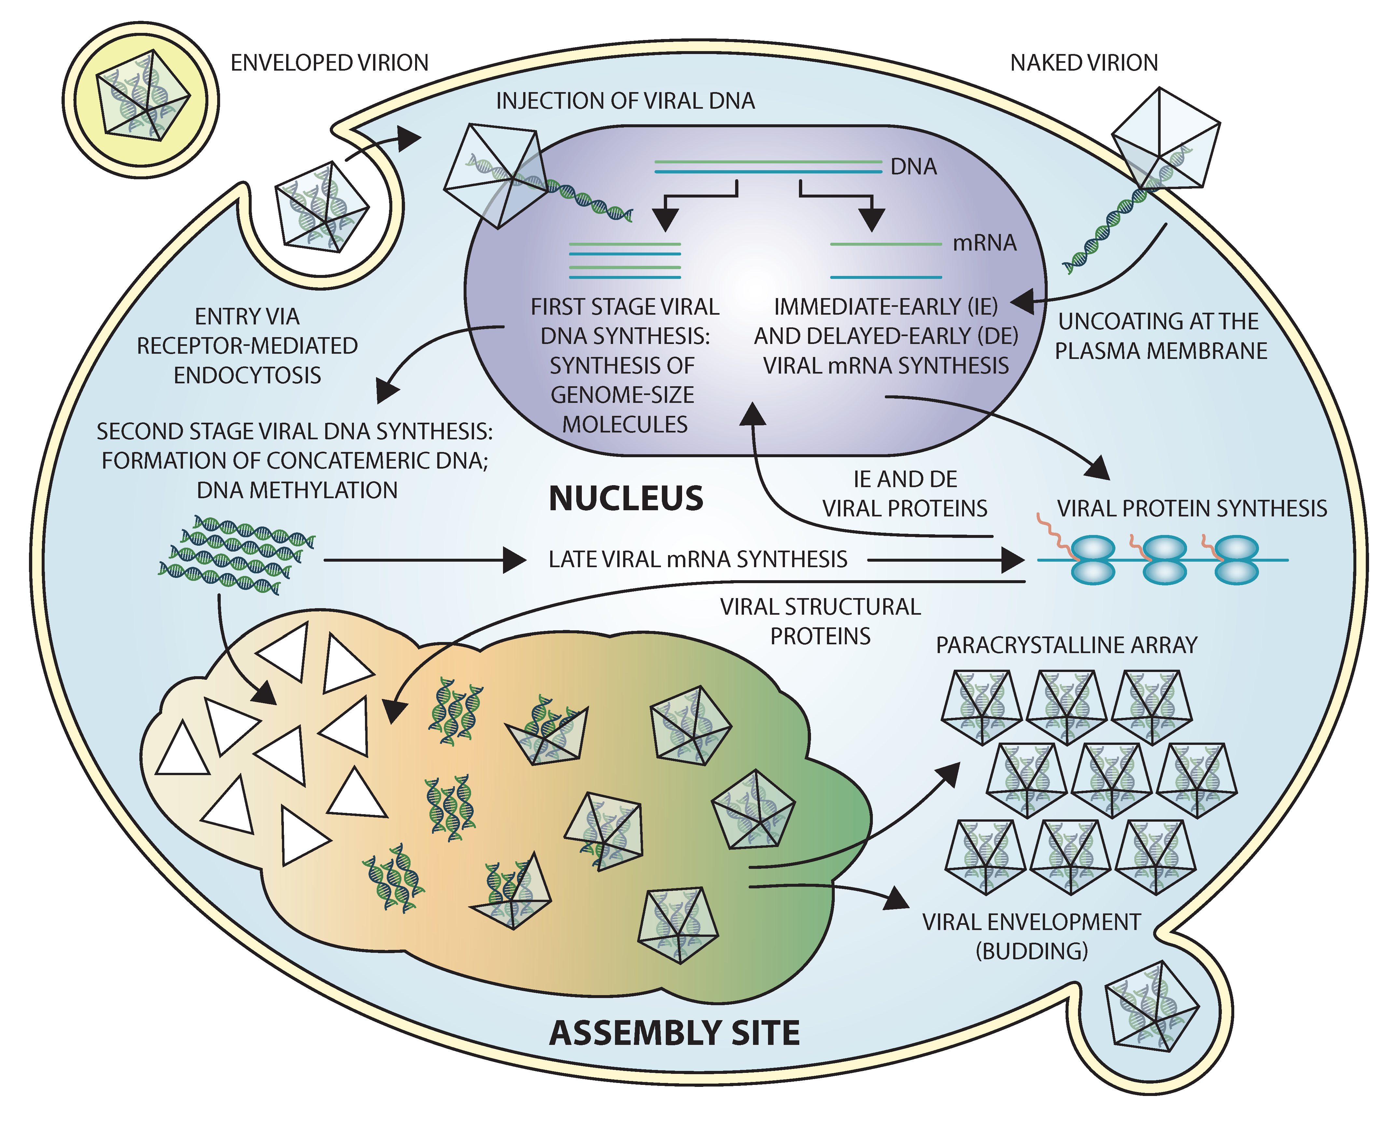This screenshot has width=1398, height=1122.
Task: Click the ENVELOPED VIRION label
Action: (x=329, y=63)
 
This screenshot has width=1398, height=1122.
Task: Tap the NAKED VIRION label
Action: (x=1083, y=63)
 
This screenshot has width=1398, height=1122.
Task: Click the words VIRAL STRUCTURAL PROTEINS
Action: (x=820, y=621)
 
